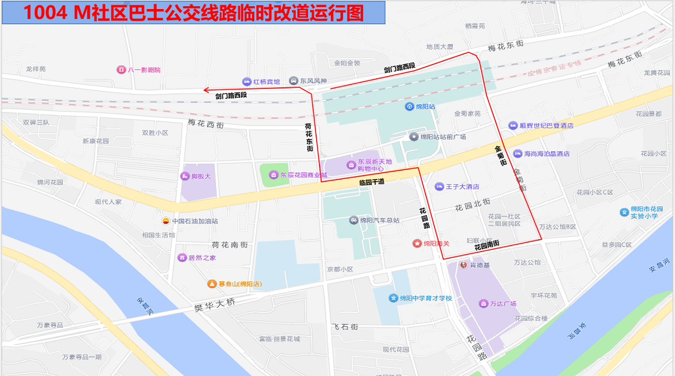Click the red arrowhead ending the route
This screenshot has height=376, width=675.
point(206,89)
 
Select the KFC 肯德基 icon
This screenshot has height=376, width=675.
point(464,265)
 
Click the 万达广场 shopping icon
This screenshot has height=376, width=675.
point(483,304)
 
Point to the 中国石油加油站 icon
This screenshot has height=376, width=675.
point(166,221)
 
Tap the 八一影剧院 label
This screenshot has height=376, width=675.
point(144,70)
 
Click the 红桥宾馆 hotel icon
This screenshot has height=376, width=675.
point(246,82)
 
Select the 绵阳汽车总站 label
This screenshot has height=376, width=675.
point(380,220)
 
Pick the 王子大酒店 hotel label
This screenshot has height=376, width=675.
point(462,186)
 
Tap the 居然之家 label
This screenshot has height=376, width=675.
point(202,258)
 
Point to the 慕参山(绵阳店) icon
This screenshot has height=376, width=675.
point(212,284)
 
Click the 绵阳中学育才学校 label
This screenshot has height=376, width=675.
point(426,298)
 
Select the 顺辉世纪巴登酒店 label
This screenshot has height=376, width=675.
point(546,126)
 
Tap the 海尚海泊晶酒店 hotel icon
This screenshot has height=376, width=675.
point(517,154)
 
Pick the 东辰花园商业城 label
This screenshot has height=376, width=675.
point(304,174)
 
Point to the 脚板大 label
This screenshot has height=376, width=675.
point(201,176)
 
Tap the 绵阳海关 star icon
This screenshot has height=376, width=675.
point(417,244)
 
